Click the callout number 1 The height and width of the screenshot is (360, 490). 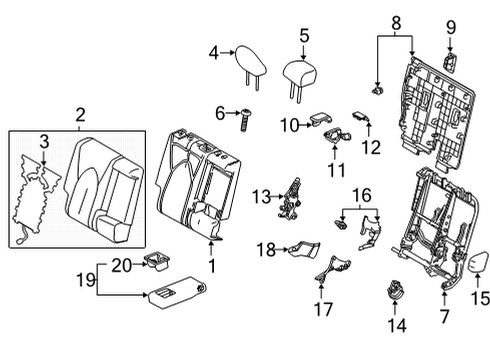(212, 266)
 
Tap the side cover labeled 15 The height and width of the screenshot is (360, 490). (475, 264)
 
